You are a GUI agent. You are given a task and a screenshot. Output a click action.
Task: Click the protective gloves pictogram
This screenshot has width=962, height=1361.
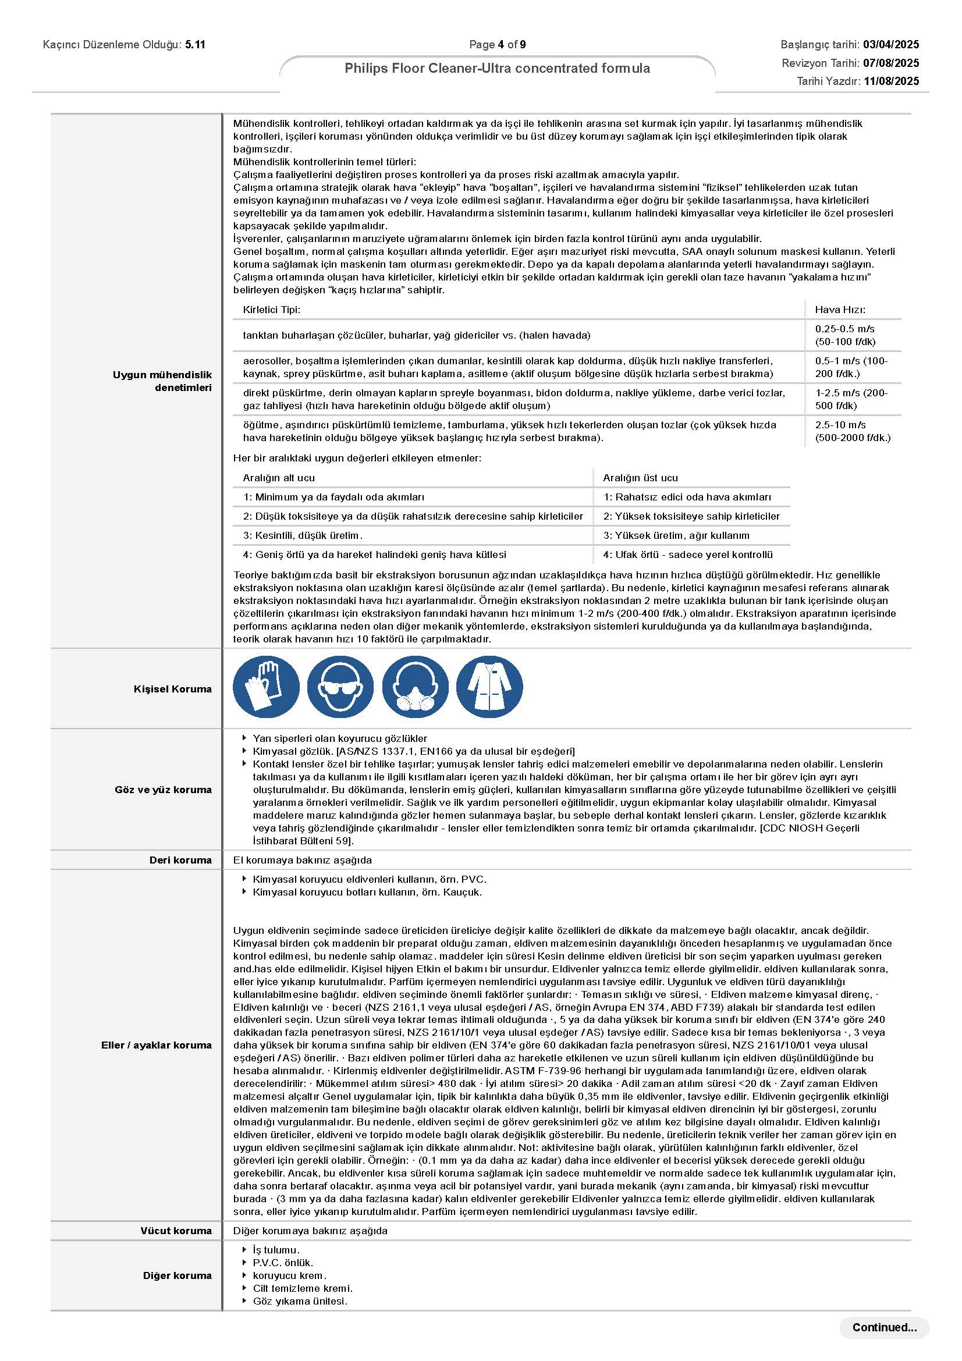[266, 688]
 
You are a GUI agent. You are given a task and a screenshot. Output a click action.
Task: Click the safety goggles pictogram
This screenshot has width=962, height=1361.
[340, 688]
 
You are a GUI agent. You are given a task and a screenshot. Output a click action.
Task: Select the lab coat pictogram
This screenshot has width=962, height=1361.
[489, 688]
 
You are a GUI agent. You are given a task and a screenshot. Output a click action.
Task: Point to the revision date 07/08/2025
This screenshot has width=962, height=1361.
[891, 63]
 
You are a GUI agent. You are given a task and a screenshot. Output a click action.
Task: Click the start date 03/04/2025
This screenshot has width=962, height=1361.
[891, 44]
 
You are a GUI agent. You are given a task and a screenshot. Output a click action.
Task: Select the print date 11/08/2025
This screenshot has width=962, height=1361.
[891, 81]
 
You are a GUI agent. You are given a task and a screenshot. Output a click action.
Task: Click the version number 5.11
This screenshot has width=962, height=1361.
[195, 44]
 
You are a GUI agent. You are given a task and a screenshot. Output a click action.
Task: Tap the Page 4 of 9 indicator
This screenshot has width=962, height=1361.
[498, 44]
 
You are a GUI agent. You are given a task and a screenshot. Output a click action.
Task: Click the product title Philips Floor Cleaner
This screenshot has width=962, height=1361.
[498, 68]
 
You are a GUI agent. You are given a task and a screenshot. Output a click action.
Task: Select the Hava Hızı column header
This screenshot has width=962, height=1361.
[840, 310]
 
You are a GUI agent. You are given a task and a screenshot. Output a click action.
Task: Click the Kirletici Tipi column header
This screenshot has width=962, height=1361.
[271, 310]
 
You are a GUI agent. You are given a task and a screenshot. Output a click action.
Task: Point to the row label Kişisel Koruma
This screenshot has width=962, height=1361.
[172, 689]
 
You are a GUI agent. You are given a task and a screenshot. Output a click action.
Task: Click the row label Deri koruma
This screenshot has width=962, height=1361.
[180, 859]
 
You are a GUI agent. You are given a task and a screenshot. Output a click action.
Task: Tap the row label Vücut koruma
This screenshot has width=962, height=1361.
[176, 1231]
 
